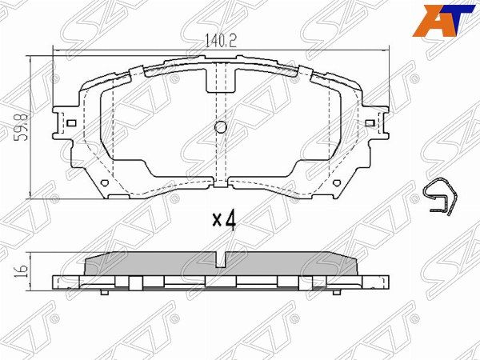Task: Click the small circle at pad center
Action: click(x=222, y=126)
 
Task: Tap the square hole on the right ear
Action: click(x=369, y=123)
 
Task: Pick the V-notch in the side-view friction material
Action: click(x=222, y=259)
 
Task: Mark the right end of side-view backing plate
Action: click(x=390, y=282)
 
